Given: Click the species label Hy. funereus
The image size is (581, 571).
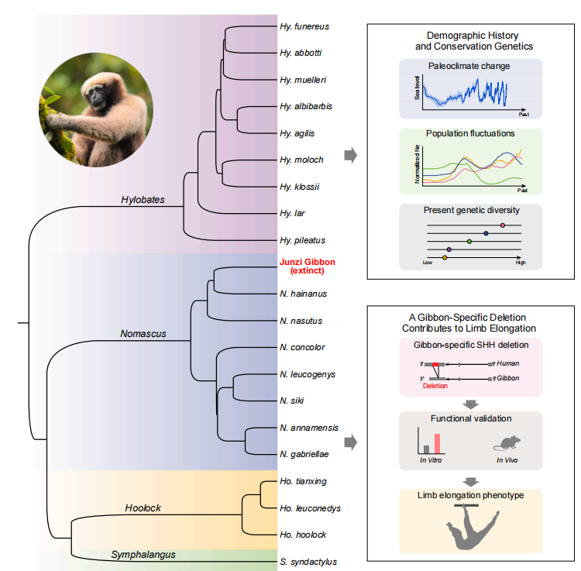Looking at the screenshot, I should click(304, 26).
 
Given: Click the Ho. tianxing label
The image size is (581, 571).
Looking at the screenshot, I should click(304, 481).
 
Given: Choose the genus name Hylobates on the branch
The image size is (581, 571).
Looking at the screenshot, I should click(143, 200).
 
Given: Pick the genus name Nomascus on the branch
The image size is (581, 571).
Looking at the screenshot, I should click(143, 335).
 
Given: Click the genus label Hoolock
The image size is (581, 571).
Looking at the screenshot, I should click(143, 508).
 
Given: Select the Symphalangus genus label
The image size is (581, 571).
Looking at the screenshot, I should click(143, 554).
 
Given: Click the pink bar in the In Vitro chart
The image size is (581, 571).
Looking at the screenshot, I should click(438, 443).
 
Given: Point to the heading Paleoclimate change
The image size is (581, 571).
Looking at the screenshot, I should click(469, 67).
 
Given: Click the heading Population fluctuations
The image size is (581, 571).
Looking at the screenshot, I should click(470, 133).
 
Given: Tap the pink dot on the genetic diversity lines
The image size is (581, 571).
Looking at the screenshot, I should click(503, 225).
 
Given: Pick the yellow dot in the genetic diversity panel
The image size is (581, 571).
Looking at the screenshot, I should click(444, 257).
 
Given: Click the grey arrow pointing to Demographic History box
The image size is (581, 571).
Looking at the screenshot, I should click(351, 155).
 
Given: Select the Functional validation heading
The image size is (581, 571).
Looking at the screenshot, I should click(470, 418).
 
